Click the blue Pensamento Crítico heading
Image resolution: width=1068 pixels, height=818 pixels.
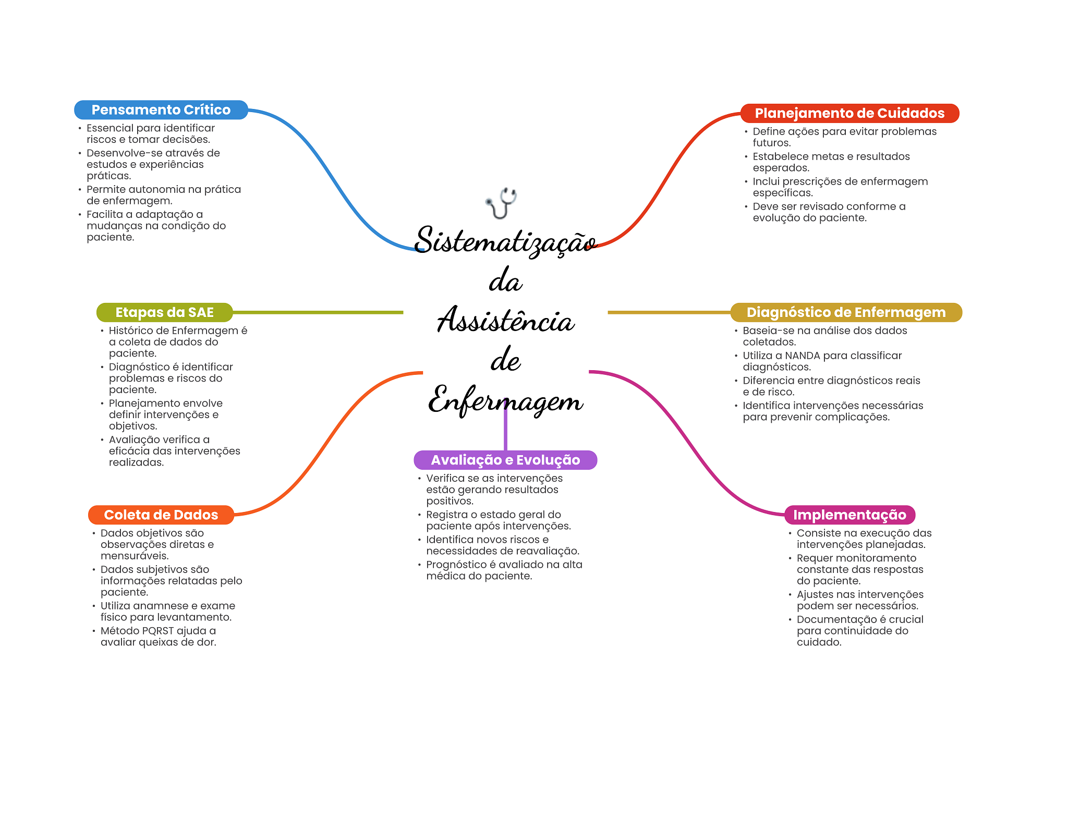pos(161,110)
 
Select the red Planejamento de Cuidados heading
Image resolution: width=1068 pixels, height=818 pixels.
pos(849,113)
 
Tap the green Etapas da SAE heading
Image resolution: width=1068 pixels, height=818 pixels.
pos(164,312)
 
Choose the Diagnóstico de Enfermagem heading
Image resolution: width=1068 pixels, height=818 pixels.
pos(846,312)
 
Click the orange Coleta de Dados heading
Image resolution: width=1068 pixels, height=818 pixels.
pos(161,515)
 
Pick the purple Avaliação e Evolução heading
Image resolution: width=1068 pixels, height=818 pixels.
pos(505,460)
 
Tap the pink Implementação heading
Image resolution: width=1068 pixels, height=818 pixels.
pos(849,515)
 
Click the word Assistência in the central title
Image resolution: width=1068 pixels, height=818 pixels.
pos(506,320)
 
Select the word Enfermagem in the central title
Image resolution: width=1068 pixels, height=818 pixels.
pos(505,400)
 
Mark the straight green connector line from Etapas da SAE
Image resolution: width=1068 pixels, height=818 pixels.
pos(318,312)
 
